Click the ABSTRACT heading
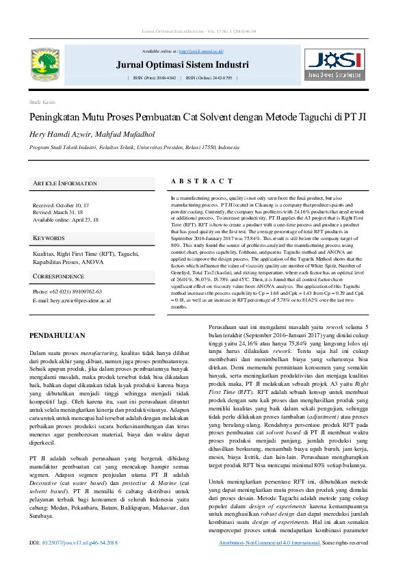click(x=202, y=181)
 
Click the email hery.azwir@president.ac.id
click(x=71, y=300)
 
